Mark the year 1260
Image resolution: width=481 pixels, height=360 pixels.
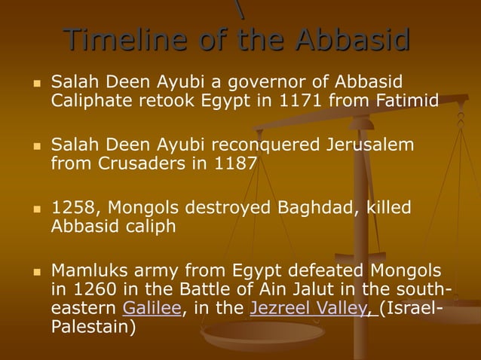93,289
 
